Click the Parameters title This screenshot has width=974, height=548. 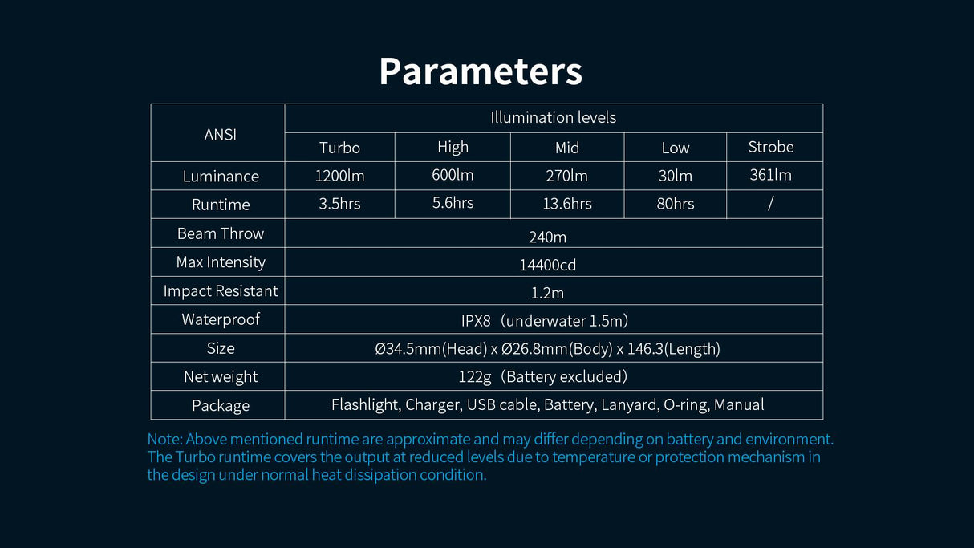481,71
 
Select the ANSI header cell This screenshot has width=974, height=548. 221,135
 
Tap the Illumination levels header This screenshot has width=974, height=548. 553,117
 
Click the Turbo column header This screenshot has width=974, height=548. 339,148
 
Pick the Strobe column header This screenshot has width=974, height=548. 771,147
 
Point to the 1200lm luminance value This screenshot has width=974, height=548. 339,176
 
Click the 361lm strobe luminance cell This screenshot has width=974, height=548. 771,175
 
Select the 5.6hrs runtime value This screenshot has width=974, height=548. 453,203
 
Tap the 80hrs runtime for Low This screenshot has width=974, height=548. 676,204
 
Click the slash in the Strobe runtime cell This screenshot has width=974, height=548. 770,203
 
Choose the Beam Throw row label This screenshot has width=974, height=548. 221,234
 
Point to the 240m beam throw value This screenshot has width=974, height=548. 547,237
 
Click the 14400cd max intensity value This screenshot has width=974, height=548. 547,265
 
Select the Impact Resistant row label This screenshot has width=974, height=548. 221,291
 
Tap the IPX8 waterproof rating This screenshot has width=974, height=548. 476,321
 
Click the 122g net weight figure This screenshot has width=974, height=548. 475,376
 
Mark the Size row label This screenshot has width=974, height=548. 221,348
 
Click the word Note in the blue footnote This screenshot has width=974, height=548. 164,439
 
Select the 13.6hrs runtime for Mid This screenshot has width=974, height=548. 567,204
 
